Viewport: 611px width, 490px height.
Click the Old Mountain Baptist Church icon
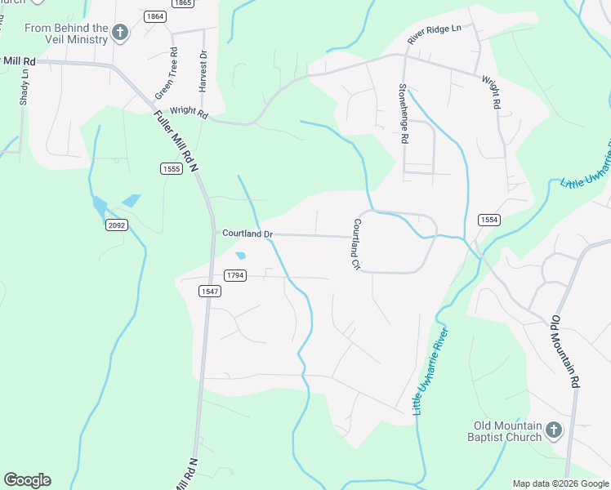pyautogui.click(x=553, y=430)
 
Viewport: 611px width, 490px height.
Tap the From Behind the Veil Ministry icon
pyautogui.click(x=119, y=33)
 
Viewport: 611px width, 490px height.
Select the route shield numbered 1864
pyautogui.click(x=155, y=16)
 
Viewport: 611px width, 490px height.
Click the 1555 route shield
pyautogui.click(x=170, y=168)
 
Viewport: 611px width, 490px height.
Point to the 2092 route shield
pyautogui.click(x=116, y=225)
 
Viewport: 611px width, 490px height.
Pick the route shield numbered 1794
pyautogui.click(x=234, y=275)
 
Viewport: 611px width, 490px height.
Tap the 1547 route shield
pyautogui.click(x=208, y=290)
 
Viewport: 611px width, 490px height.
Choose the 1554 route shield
pyautogui.click(x=488, y=220)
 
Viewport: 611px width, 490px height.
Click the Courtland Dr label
pyautogui.click(x=247, y=234)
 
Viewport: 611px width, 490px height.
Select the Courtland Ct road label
pyautogui.click(x=356, y=244)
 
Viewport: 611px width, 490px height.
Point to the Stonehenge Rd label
pyautogui.click(x=403, y=114)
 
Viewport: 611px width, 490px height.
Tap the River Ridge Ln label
pyautogui.click(x=435, y=35)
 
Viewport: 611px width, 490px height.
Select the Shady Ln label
pyautogui.click(x=24, y=87)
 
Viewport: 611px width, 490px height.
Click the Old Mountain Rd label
pyautogui.click(x=566, y=351)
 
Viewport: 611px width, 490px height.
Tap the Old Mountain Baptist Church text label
pyautogui.click(x=508, y=431)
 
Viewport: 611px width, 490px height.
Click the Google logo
pyautogui.click(x=27, y=480)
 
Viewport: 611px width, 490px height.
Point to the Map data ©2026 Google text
pyautogui.click(x=560, y=483)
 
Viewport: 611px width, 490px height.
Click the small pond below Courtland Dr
pyautogui.click(x=240, y=255)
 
